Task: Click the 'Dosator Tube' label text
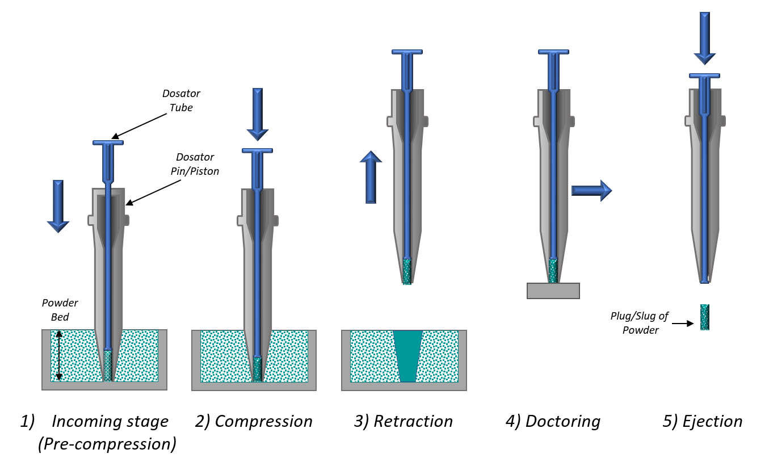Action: point(182,100)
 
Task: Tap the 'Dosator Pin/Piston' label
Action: point(195,164)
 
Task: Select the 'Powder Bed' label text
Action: point(60,310)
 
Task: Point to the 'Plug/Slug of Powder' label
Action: point(640,324)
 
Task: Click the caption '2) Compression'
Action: point(254,421)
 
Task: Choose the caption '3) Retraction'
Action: point(404,421)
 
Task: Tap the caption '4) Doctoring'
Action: point(553,421)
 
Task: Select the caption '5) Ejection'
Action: point(702,421)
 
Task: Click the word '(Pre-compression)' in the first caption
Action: point(107,443)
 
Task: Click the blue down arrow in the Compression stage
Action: point(258,114)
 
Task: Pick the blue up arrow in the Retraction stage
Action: point(371,177)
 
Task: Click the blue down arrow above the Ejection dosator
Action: point(704,37)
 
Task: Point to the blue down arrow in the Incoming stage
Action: point(58,205)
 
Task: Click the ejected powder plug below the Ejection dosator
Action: point(704,317)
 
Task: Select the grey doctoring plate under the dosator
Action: point(553,291)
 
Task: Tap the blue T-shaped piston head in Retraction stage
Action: point(407,53)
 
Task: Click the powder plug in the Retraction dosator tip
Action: point(407,271)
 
